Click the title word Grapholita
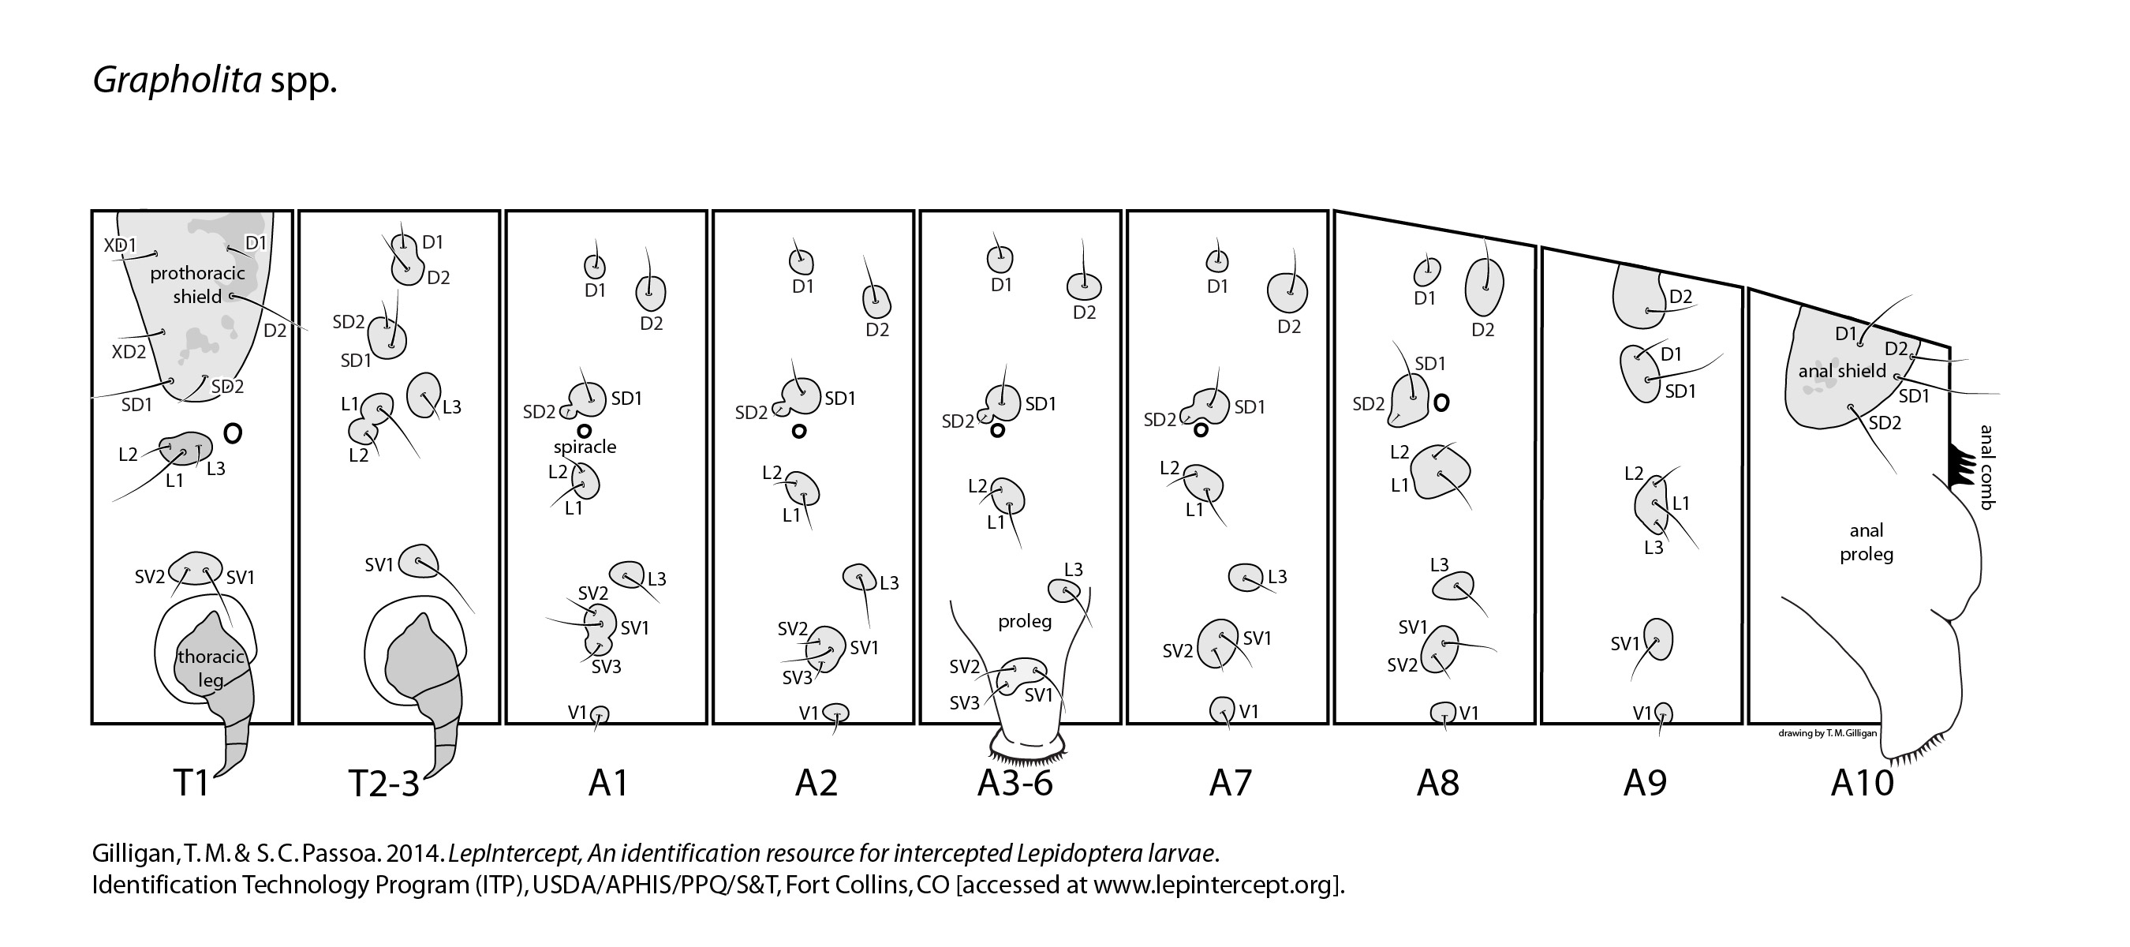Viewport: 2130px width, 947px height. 176,81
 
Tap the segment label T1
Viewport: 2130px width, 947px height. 191,782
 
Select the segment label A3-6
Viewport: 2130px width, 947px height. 1015,782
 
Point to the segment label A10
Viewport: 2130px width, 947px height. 1862,782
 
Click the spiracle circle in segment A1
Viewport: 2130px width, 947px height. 585,430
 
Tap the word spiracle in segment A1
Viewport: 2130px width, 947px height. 585,447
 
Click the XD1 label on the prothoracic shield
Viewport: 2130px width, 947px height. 120,245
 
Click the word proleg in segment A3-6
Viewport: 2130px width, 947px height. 1025,621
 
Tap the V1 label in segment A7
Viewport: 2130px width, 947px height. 1249,711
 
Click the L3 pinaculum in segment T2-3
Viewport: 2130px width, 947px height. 424,396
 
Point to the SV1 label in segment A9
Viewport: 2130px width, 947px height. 1625,643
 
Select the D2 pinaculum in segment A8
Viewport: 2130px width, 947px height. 1484,286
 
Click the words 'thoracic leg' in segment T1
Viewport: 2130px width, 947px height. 211,668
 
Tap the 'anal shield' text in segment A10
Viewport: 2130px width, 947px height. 1841,372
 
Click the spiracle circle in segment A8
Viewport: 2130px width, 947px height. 1441,402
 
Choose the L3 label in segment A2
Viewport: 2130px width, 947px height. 889,583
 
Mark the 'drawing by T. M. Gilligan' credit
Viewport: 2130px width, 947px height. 1826,733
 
